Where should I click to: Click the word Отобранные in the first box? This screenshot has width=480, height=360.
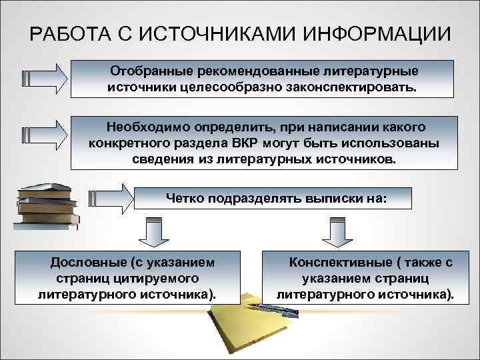147,69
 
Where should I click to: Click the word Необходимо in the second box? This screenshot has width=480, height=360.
151,126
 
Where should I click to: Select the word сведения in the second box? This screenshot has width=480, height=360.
161,160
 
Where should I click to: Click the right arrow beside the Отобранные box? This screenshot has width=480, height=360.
43,78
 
